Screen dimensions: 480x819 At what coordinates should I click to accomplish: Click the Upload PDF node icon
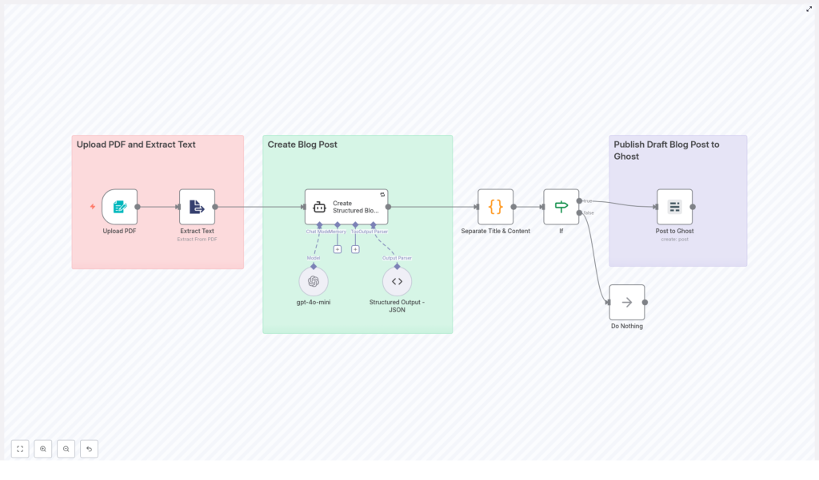119,207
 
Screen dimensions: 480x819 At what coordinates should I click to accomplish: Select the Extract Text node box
197,207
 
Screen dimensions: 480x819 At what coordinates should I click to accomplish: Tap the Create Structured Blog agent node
346,207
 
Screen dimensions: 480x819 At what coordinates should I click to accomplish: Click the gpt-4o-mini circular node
314,281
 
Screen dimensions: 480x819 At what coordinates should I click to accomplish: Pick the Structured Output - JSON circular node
397,281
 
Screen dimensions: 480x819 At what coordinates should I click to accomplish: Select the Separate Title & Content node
495,207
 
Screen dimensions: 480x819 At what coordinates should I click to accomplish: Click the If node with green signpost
561,207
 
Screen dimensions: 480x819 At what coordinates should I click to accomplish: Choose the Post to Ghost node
674,207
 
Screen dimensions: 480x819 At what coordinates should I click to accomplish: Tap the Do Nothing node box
626,303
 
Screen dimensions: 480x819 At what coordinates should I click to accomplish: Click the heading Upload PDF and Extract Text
136,145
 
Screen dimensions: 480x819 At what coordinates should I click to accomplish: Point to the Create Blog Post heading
302,145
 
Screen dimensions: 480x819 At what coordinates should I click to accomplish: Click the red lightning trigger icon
93,207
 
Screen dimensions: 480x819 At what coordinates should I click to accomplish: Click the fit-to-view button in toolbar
20,449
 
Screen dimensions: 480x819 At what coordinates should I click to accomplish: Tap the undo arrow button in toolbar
89,449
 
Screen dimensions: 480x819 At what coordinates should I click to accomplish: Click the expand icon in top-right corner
809,9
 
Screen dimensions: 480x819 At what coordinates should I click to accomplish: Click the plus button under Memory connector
338,249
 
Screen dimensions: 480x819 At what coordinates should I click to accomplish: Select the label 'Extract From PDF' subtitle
197,240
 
